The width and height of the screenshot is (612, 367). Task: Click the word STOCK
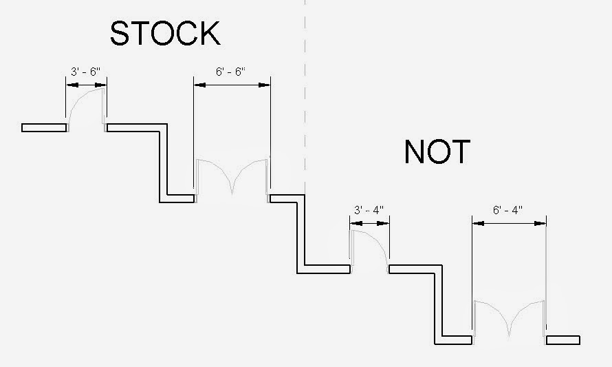pos(165,33)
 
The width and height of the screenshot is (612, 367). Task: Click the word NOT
pos(437,152)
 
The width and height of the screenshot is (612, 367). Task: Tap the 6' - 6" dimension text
pos(232,72)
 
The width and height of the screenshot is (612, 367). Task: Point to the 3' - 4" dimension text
pos(369,209)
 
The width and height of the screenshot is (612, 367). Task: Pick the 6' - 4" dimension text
pos(509,209)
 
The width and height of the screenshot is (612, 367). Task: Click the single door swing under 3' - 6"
pos(86,107)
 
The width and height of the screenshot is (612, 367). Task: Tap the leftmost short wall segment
pos(44,127)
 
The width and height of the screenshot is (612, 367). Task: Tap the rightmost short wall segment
pos(563,339)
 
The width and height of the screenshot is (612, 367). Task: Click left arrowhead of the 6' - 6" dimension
pos(198,85)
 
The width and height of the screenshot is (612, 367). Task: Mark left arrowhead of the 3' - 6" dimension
pos(69,85)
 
